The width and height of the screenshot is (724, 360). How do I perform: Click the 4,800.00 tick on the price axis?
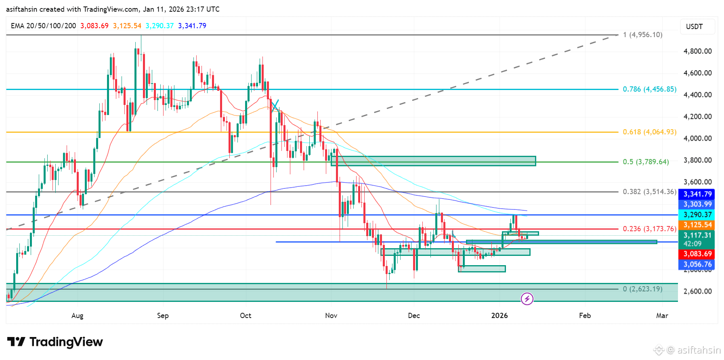[x=697, y=51]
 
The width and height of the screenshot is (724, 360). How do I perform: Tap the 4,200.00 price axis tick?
[x=697, y=117]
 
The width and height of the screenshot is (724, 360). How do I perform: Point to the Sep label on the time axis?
[x=163, y=316]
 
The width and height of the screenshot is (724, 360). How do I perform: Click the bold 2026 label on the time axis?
[x=499, y=316]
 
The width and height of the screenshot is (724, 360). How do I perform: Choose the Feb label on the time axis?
[x=585, y=316]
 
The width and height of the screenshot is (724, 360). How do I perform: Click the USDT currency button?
[x=695, y=27]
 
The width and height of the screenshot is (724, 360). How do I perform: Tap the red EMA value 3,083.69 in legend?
[x=94, y=26]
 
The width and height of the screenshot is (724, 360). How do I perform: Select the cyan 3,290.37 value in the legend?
[x=159, y=26]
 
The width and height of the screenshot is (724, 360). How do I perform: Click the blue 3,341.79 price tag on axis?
[x=697, y=194]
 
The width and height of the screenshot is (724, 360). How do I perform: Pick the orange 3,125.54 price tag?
[x=697, y=225]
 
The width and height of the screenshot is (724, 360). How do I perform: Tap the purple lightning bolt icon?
[x=527, y=299]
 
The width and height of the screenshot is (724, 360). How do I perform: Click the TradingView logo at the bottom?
[x=55, y=342]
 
